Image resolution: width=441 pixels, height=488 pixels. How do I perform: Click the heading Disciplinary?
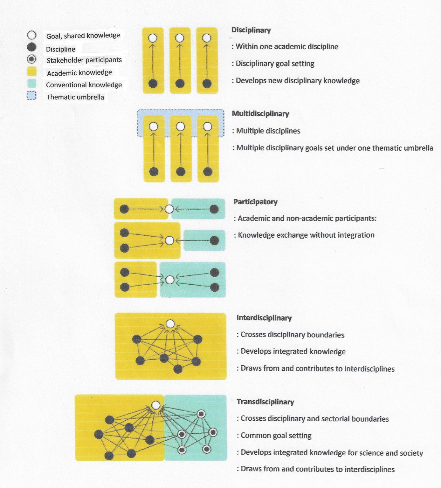click(x=251, y=30)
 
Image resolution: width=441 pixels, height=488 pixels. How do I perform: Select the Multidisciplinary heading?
click(x=260, y=114)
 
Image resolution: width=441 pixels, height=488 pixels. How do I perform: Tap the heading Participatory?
click(x=255, y=202)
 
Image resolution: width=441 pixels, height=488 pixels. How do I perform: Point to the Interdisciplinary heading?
click(x=264, y=318)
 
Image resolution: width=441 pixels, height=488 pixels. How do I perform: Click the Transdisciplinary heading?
click(x=265, y=402)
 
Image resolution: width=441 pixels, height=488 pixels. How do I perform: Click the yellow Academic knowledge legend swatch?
click(x=32, y=72)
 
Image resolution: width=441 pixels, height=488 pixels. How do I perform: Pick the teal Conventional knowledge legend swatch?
click(x=32, y=84)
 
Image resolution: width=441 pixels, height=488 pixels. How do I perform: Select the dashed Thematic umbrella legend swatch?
click(x=31, y=96)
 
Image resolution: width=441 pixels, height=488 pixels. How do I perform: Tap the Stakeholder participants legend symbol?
click(x=31, y=59)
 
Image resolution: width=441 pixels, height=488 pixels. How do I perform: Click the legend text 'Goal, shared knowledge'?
click(x=83, y=36)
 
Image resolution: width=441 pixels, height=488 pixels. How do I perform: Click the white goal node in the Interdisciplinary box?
click(x=170, y=324)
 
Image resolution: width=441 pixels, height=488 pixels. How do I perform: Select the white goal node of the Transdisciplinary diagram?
click(x=156, y=405)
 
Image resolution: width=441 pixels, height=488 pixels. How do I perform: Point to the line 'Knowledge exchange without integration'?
click(x=306, y=235)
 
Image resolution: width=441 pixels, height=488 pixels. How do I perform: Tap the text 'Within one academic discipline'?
click(x=286, y=47)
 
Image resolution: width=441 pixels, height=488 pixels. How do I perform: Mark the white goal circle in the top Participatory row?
click(x=169, y=209)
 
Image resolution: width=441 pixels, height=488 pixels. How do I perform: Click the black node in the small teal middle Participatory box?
click(x=214, y=241)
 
